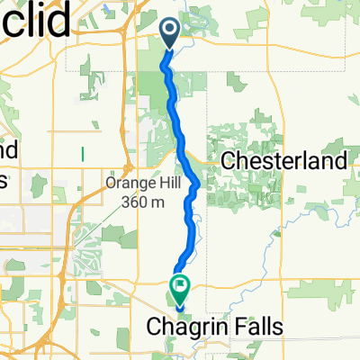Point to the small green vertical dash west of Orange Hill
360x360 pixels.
coord(82,152)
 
